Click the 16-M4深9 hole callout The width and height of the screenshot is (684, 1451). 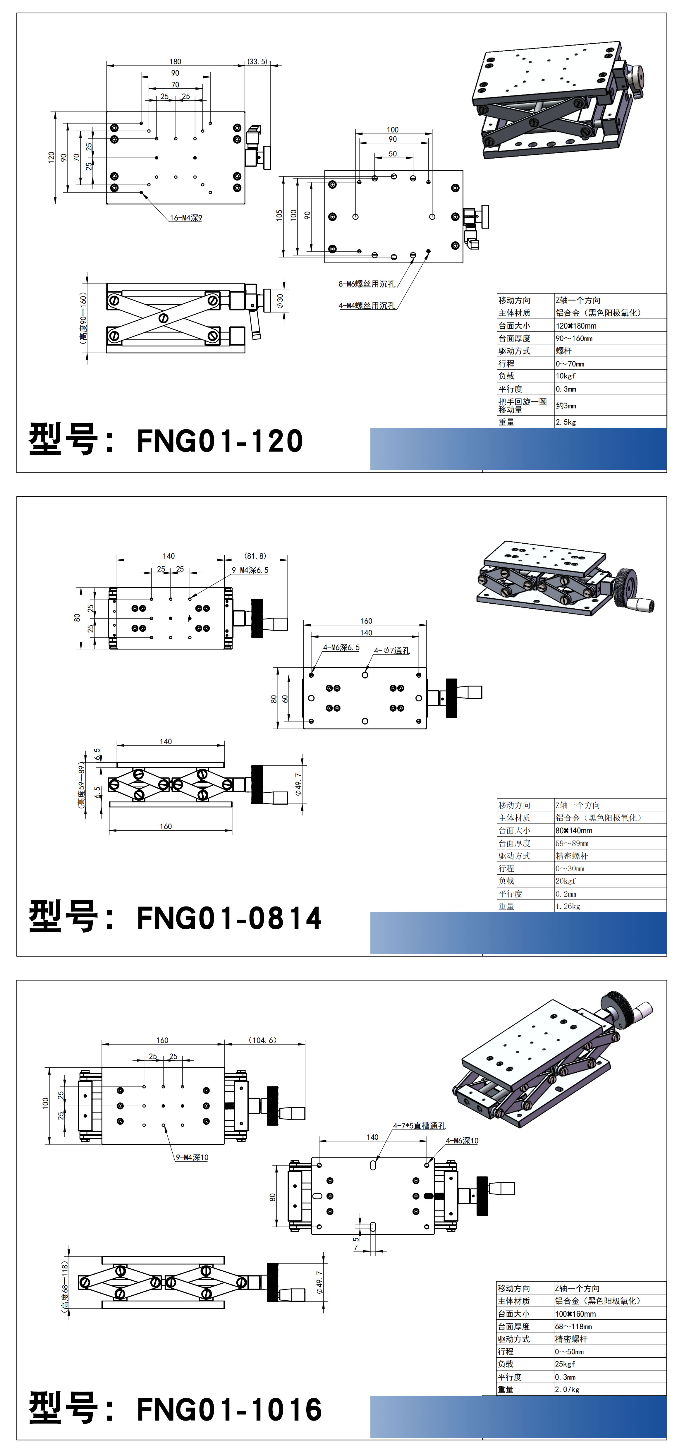tap(186, 218)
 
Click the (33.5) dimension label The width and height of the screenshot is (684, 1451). tap(257, 61)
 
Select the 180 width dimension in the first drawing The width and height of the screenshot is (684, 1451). tap(175, 61)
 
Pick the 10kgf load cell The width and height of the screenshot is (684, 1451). tap(566, 376)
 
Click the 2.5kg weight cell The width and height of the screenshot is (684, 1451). tap(566, 422)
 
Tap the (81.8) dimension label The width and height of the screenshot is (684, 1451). tap(255, 556)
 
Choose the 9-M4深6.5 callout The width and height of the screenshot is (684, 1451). tap(250, 570)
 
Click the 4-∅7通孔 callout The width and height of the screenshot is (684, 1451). tap(392, 650)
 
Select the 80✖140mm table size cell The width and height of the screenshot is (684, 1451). tap(574, 830)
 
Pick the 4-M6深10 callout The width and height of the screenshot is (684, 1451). tap(462, 1141)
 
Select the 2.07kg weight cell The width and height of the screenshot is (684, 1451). tap(567, 1390)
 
